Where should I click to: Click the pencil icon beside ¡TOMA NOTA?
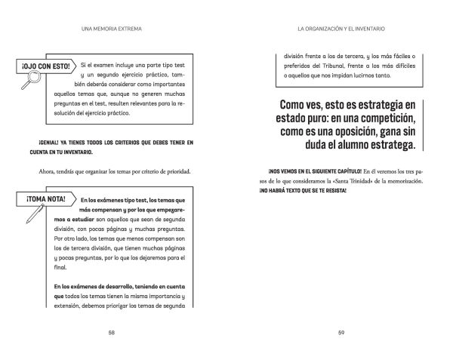click(x=33, y=215)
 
